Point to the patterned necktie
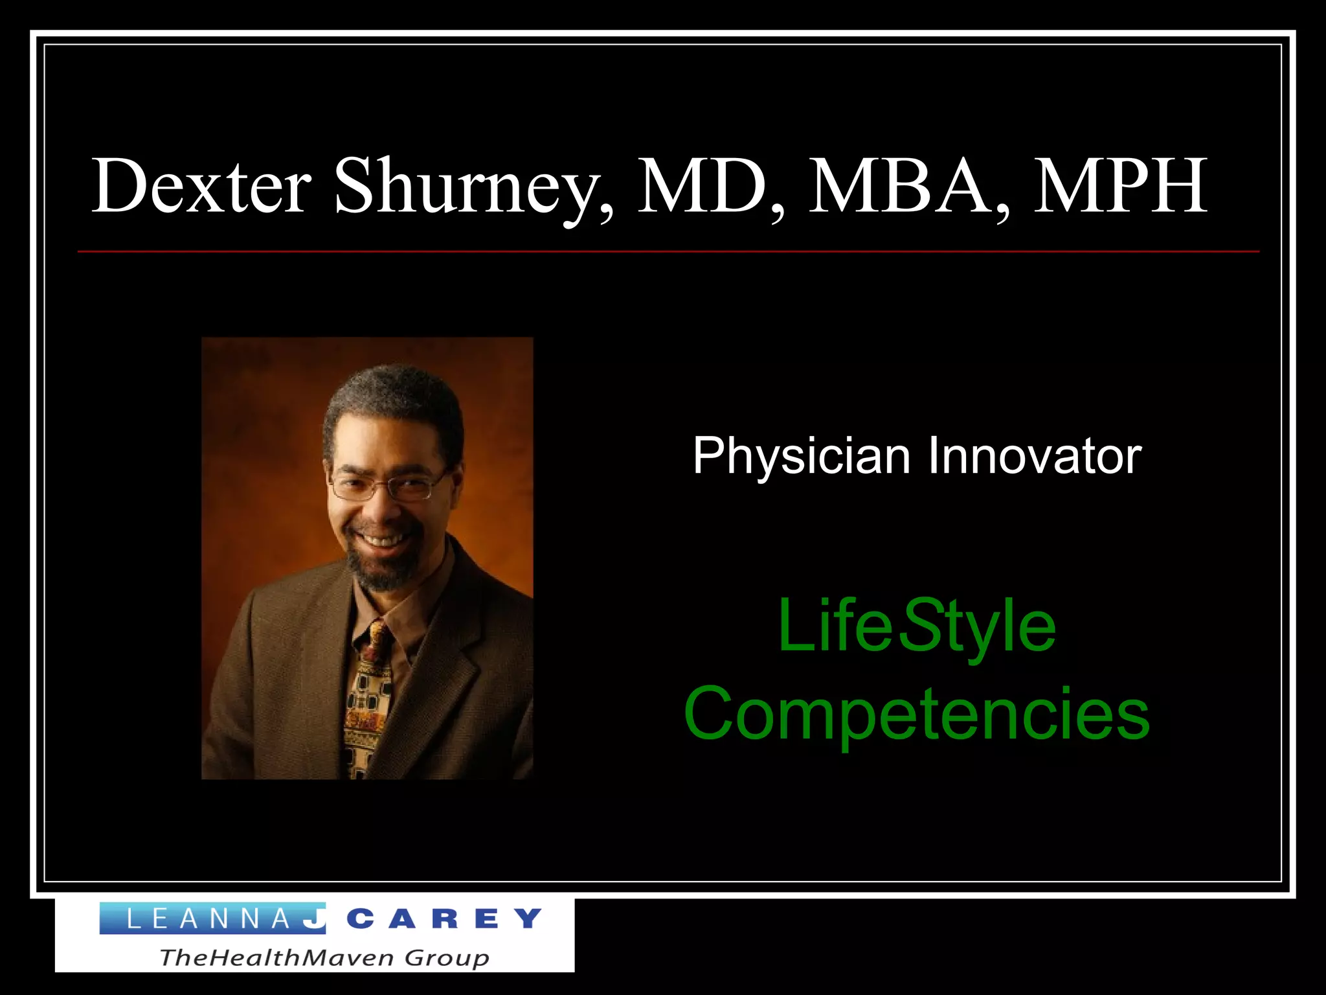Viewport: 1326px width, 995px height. (x=369, y=700)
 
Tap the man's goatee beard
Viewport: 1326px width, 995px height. (x=382, y=570)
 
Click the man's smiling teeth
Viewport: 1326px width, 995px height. (x=381, y=538)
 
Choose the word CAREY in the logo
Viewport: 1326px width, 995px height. (x=444, y=919)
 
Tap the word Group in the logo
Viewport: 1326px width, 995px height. (x=446, y=957)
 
